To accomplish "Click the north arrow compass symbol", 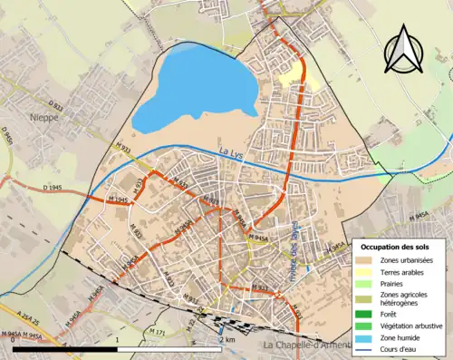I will pyautogui.click(x=404, y=51).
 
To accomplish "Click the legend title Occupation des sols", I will pyautogui.click(x=400, y=247).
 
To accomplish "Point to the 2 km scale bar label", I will pyautogui.click(x=227, y=339).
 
